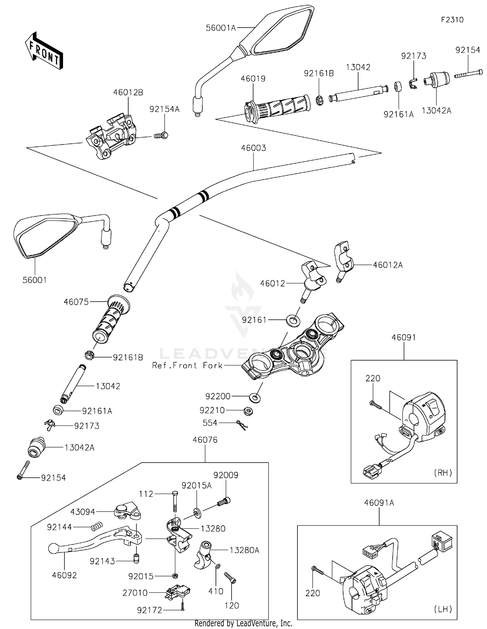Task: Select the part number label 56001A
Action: point(221,28)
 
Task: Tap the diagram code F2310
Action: point(452,20)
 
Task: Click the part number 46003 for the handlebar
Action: point(254,148)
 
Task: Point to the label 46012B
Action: point(128,92)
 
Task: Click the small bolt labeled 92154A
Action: point(161,135)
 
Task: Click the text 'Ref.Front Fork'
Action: point(188,365)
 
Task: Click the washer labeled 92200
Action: point(255,397)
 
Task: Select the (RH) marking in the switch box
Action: point(443,473)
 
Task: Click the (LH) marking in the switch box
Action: point(443,609)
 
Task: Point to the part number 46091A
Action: point(379,503)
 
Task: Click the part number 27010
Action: point(135,593)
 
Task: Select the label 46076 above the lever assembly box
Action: point(205,440)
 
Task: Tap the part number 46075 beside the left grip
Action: point(76,302)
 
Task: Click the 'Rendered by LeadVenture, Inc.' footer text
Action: point(243,623)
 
